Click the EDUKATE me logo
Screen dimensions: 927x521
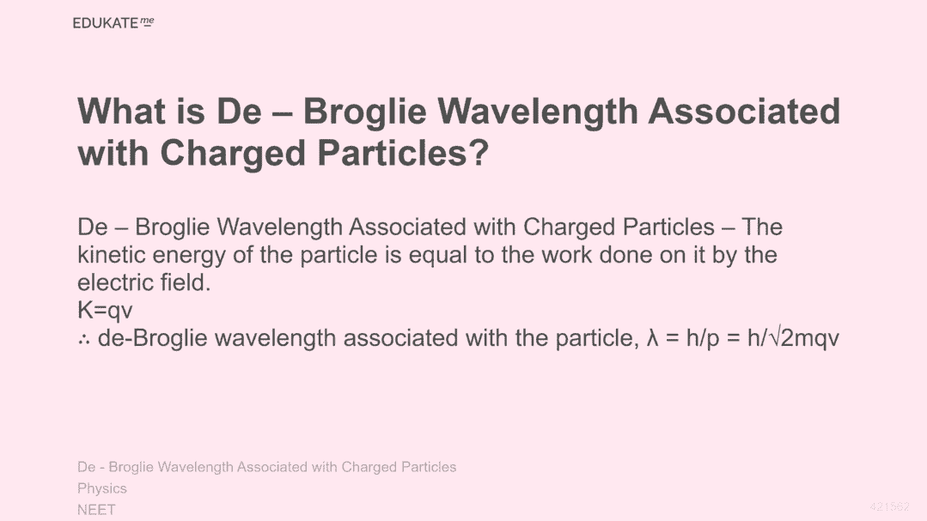113,23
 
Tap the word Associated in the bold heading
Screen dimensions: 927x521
744,111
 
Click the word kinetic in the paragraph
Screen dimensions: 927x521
112,255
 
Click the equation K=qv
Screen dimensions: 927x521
105,311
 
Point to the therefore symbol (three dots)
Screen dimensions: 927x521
83,340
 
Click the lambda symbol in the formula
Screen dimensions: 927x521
653,338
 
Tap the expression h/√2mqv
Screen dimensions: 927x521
793,339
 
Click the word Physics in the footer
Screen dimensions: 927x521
102,489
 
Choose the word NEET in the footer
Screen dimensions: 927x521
96,509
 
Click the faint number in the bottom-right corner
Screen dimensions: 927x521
890,506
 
